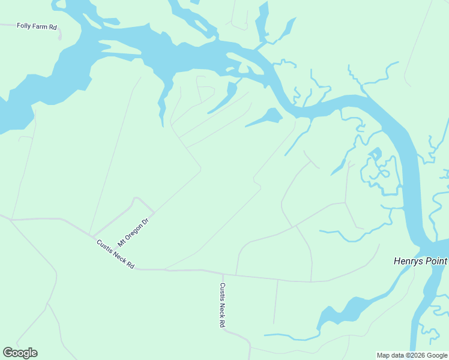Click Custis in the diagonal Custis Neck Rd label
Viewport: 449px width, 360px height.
click(x=106, y=248)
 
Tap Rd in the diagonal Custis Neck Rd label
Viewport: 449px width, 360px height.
click(x=130, y=265)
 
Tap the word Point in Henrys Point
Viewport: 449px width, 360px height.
click(x=436, y=261)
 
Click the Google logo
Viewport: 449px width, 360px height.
click(x=20, y=353)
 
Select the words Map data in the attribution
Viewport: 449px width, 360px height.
click(x=391, y=355)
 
